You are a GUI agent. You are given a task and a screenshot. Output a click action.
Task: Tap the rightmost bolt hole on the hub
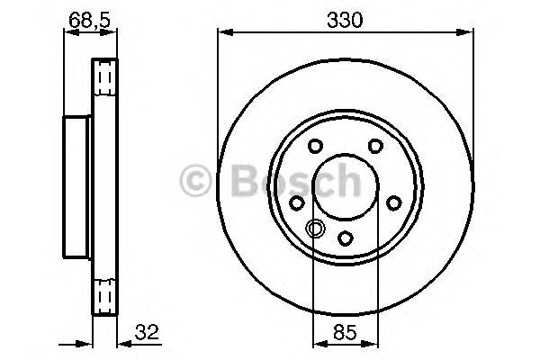(x=394, y=204)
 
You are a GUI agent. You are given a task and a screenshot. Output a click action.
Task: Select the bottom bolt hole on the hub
(x=346, y=238)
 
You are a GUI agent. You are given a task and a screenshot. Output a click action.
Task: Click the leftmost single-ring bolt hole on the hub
(x=297, y=204)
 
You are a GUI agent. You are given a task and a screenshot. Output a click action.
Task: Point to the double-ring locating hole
(x=315, y=229)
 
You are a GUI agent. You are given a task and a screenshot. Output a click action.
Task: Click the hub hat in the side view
(x=76, y=185)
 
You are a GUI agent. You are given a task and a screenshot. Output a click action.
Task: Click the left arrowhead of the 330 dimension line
(x=221, y=34)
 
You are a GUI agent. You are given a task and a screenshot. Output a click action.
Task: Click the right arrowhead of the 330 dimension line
(x=471, y=34)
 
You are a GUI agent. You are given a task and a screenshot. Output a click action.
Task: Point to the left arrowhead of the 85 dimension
(x=316, y=343)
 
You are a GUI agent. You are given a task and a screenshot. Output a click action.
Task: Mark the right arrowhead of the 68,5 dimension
(x=114, y=34)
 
